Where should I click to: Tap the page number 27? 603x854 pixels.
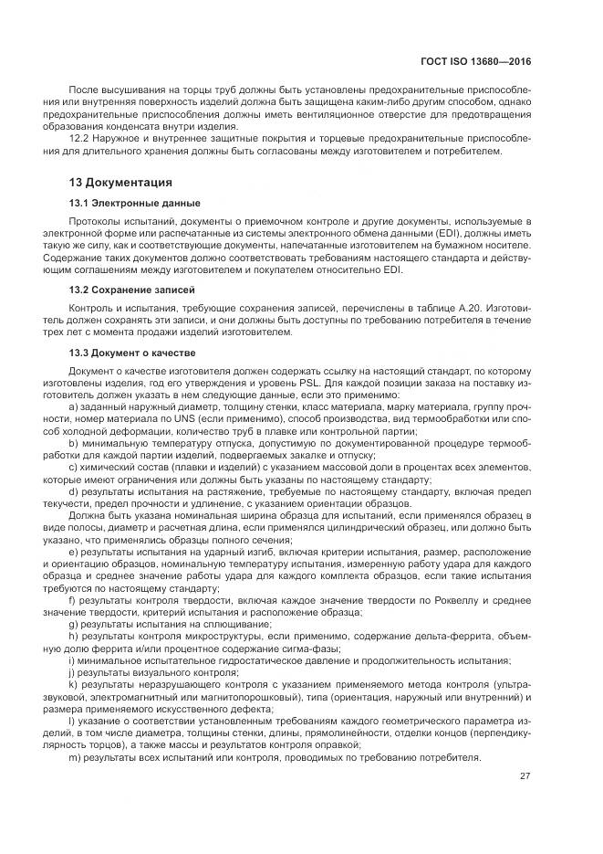[x=525, y=776]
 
